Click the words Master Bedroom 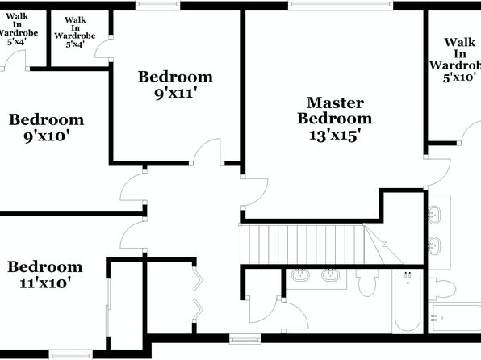(335, 111)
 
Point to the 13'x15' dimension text (334, 135)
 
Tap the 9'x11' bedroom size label (175, 94)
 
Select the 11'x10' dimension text (45, 283)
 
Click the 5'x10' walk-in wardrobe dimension (459, 77)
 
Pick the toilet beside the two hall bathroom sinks (368, 283)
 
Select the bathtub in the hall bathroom (408, 301)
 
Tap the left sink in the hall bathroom (300, 275)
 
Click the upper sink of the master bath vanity (434, 215)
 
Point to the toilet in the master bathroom (441, 289)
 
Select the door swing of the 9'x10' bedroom (132, 186)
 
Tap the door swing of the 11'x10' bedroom (132, 235)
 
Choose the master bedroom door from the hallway (255, 192)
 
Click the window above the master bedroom (341, 5)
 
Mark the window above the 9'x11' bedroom (157, 5)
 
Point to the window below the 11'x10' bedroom (70, 354)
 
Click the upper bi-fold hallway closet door (197, 279)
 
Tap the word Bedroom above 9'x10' (46, 119)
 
